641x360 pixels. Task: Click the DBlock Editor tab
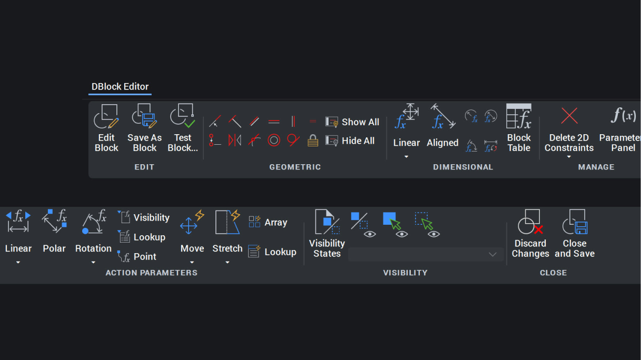(x=120, y=87)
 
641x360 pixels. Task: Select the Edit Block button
(x=106, y=128)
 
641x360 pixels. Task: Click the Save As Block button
(x=144, y=128)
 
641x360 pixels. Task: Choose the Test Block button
(x=183, y=128)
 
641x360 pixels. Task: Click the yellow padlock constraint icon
(x=313, y=141)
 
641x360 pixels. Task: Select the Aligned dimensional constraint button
(x=442, y=126)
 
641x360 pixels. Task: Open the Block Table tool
(x=519, y=128)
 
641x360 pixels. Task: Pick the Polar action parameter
(x=54, y=232)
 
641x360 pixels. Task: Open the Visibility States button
(x=327, y=234)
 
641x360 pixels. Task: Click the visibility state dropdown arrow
(x=492, y=254)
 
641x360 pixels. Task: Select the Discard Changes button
(x=530, y=234)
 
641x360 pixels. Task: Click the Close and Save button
(x=575, y=234)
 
